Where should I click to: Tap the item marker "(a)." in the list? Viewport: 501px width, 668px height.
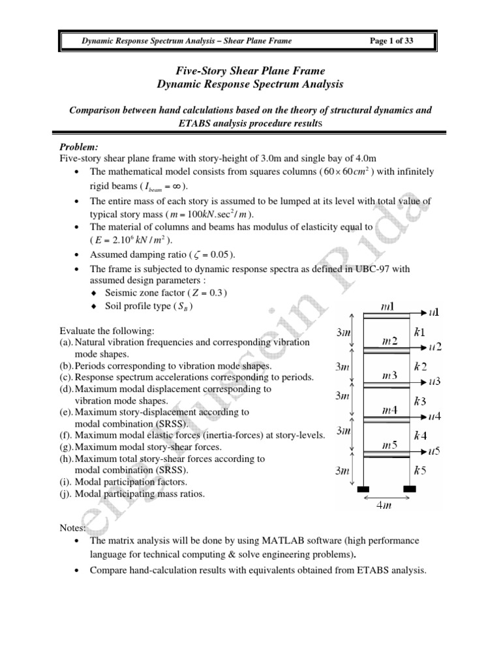coord(66,341)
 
